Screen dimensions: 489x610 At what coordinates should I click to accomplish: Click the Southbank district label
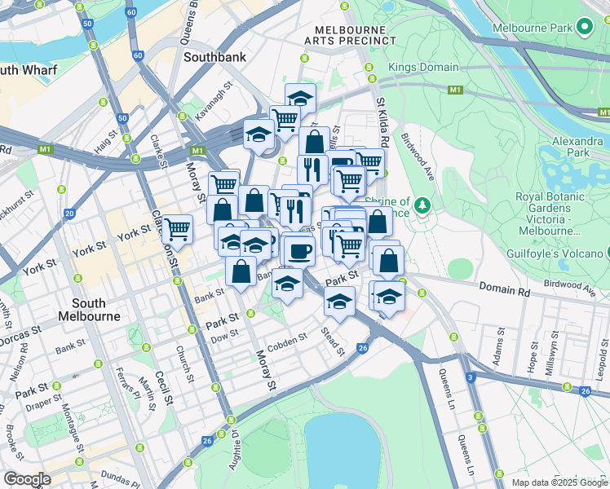click(x=214, y=58)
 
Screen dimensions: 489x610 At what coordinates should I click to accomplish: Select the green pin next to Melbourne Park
click(x=583, y=28)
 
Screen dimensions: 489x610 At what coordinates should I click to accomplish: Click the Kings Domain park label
click(x=423, y=67)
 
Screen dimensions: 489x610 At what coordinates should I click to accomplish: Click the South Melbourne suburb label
click(x=90, y=310)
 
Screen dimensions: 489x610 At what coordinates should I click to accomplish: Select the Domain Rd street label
click(x=505, y=290)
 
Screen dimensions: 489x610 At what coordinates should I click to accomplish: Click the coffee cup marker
click(x=298, y=251)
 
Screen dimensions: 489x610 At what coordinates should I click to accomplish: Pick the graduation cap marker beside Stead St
click(x=340, y=301)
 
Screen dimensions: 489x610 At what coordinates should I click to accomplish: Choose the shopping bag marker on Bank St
click(x=241, y=271)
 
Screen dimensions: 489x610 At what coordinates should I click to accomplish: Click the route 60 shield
click(x=138, y=56)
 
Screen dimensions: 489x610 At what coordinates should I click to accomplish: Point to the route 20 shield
click(x=69, y=214)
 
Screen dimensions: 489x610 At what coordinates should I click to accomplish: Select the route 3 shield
click(x=471, y=377)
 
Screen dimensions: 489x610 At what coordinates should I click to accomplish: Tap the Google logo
click(x=26, y=479)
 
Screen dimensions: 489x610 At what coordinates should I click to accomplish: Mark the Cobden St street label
click(x=286, y=341)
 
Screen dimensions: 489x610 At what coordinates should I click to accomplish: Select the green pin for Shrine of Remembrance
click(x=422, y=204)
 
